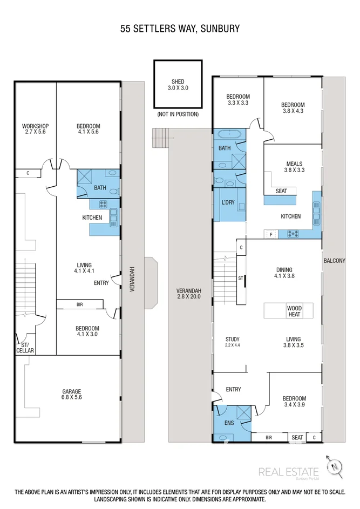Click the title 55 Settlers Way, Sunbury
(x=180, y=29)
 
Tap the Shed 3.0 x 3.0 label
(x=178, y=85)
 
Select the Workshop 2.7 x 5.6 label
(x=36, y=128)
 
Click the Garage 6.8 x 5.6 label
(x=72, y=394)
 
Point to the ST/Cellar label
(x=25, y=348)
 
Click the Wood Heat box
(x=295, y=311)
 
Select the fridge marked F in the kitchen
(x=271, y=234)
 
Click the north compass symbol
(x=334, y=467)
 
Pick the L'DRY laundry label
(x=228, y=202)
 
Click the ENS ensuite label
(x=229, y=423)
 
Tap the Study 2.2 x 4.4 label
(x=233, y=342)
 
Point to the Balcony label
(x=334, y=260)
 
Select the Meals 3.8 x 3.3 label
(x=295, y=167)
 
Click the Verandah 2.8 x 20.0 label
(x=188, y=294)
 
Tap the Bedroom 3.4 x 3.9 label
(x=294, y=402)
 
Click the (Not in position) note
(x=178, y=114)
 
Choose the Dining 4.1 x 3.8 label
(x=284, y=273)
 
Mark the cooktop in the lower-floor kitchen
(x=103, y=204)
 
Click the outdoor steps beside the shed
(x=161, y=138)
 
